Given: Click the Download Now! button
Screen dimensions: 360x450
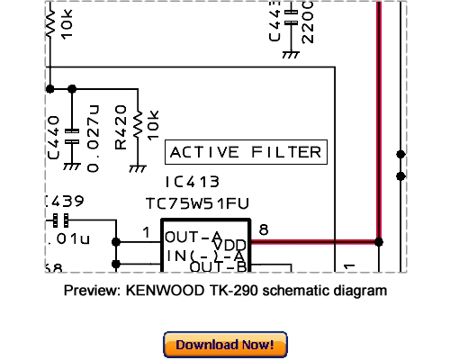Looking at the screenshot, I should tap(224, 344).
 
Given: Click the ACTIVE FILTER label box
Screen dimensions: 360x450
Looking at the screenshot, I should tap(245, 152).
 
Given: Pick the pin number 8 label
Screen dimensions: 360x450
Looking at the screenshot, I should tap(263, 229).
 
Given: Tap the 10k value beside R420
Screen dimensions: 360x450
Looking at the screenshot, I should tap(154, 125).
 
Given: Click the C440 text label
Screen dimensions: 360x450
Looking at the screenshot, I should tap(54, 137).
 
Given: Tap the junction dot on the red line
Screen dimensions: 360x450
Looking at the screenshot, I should tap(378, 242).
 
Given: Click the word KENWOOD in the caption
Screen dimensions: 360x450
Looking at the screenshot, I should tap(171, 292).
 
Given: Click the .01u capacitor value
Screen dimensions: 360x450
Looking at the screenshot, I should tap(67, 239).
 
